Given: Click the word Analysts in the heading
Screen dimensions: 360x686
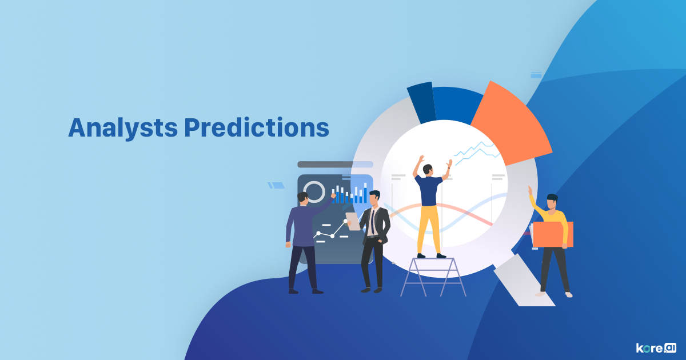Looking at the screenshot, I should pyautogui.click(x=122, y=128).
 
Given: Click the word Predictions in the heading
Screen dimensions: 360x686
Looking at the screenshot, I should pyautogui.click(x=257, y=128).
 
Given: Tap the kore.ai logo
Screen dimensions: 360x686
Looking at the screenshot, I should pyautogui.click(x=656, y=347).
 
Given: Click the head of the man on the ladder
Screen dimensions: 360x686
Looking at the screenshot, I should pyautogui.click(x=428, y=170).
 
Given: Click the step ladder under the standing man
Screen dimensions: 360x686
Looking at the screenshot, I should pyautogui.click(x=433, y=277).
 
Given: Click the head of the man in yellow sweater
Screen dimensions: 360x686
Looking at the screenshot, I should pyautogui.click(x=552, y=201).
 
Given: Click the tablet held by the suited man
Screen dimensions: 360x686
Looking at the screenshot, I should pyautogui.click(x=353, y=221).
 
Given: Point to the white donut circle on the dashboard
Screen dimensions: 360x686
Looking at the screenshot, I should pyautogui.click(x=314, y=192).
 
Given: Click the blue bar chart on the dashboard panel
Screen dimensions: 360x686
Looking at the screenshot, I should pyautogui.click(x=350, y=195).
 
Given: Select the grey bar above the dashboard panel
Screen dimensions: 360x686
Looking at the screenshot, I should pyautogui.click(x=335, y=165).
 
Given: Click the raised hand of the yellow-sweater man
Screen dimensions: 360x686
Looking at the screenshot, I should pyautogui.click(x=530, y=190).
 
